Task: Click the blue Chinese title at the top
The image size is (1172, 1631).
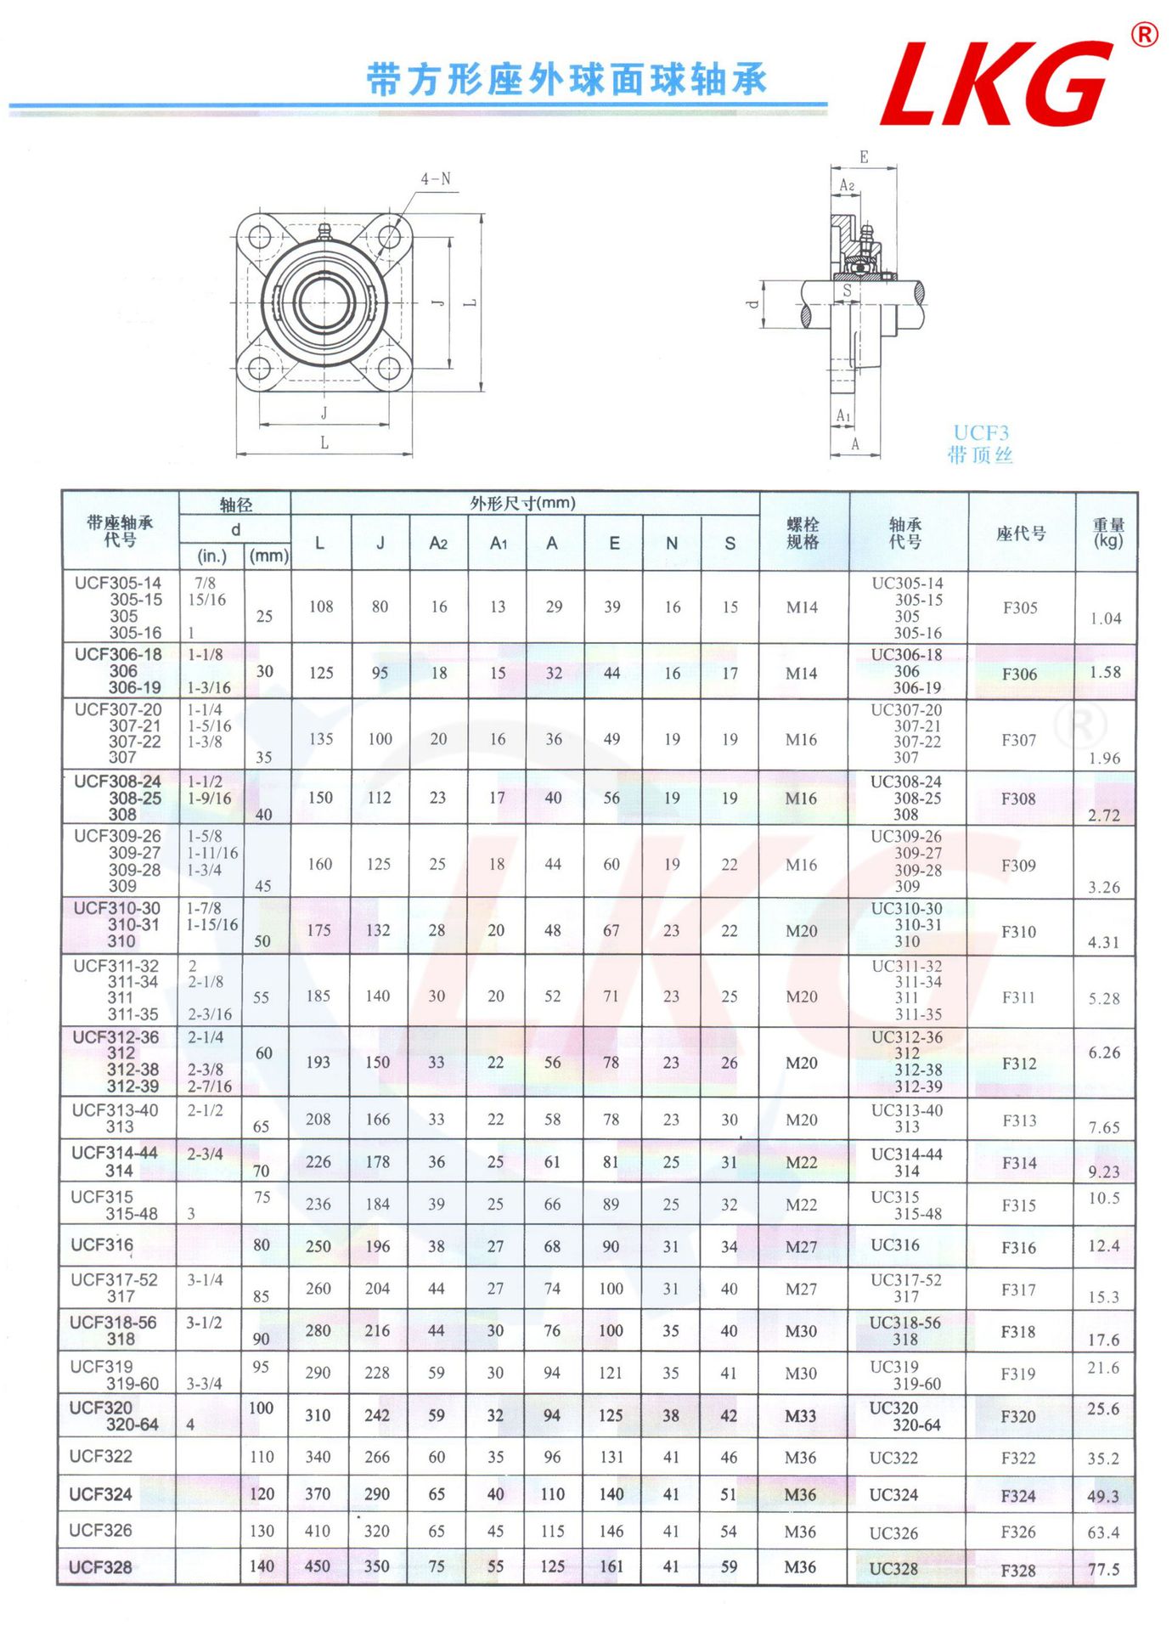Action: pos(566,80)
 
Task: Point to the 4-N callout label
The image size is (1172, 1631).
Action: pos(436,179)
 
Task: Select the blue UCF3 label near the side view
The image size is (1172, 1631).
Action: pos(981,433)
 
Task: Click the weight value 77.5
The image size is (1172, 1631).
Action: pos(1103,1570)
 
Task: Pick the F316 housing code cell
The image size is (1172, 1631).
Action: pos(1018,1247)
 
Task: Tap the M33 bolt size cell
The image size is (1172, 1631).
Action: pos(800,1416)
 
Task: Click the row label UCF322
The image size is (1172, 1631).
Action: pos(101,1456)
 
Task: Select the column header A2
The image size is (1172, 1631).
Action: pos(438,544)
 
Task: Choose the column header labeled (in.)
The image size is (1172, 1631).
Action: pos(212,556)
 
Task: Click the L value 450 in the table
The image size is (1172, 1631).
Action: pos(318,1566)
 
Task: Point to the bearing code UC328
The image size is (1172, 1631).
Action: pos(893,1569)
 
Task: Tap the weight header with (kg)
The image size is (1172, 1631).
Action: pos(1107,533)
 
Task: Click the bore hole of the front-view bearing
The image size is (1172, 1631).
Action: pos(324,302)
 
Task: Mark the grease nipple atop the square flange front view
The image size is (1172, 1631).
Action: pos(323,232)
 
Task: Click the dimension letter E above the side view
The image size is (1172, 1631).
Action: pos(864,157)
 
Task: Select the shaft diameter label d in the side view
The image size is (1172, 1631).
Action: pos(752,303)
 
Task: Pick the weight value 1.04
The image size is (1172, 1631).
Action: pos(1105,618)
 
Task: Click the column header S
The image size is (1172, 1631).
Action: pos(730,544)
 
